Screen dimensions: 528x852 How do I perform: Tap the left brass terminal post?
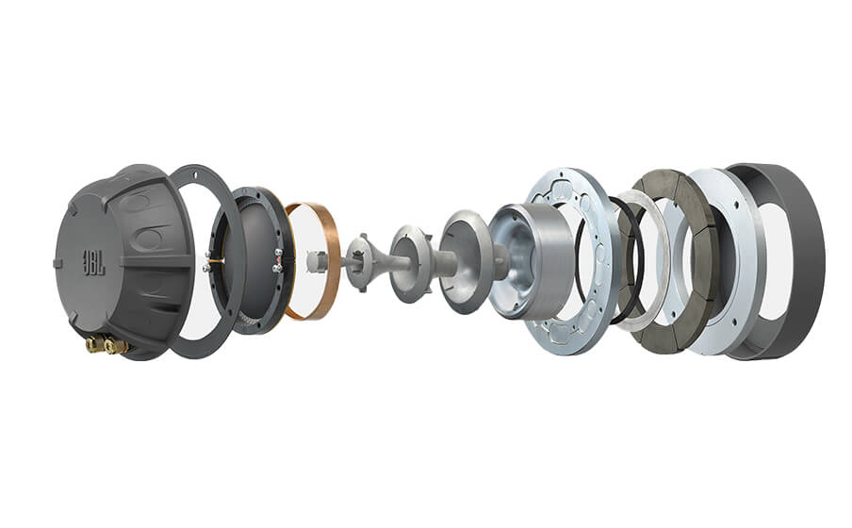tap(94, 346)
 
